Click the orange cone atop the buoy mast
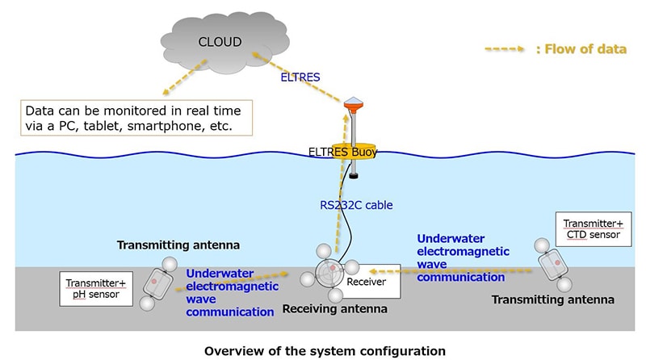point(351,104)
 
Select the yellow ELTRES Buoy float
point(351,151)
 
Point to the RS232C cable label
point(356,205)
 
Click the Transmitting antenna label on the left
point(169,245)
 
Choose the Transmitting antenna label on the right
point(552,299)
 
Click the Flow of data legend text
point(581,49)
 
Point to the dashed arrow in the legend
point(505,49)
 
